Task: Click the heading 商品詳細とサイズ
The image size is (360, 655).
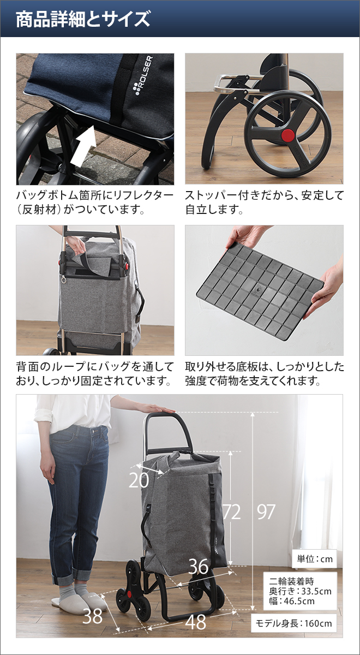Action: click(x=83, y=20)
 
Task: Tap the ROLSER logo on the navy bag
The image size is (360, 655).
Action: click(x=143, y=76)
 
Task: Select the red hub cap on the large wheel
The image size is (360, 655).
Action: click(x=287, y=135)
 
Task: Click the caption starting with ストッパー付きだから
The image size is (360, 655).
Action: click(x=264, y=202)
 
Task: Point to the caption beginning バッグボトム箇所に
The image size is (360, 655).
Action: click(x=95, y=202)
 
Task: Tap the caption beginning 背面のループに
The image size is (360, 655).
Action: click(x=95, y=373)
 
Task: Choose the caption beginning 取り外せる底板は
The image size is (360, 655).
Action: click(x=264, y=373)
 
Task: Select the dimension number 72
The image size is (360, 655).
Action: click(x=231, y=512)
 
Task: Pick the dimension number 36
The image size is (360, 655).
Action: click(x=199, y=567)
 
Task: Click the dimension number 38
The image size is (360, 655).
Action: click(x=92, y=616)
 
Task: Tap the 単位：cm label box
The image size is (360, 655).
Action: click(x=314, y=559)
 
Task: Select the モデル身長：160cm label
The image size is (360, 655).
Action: click(x=294, y=623)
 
